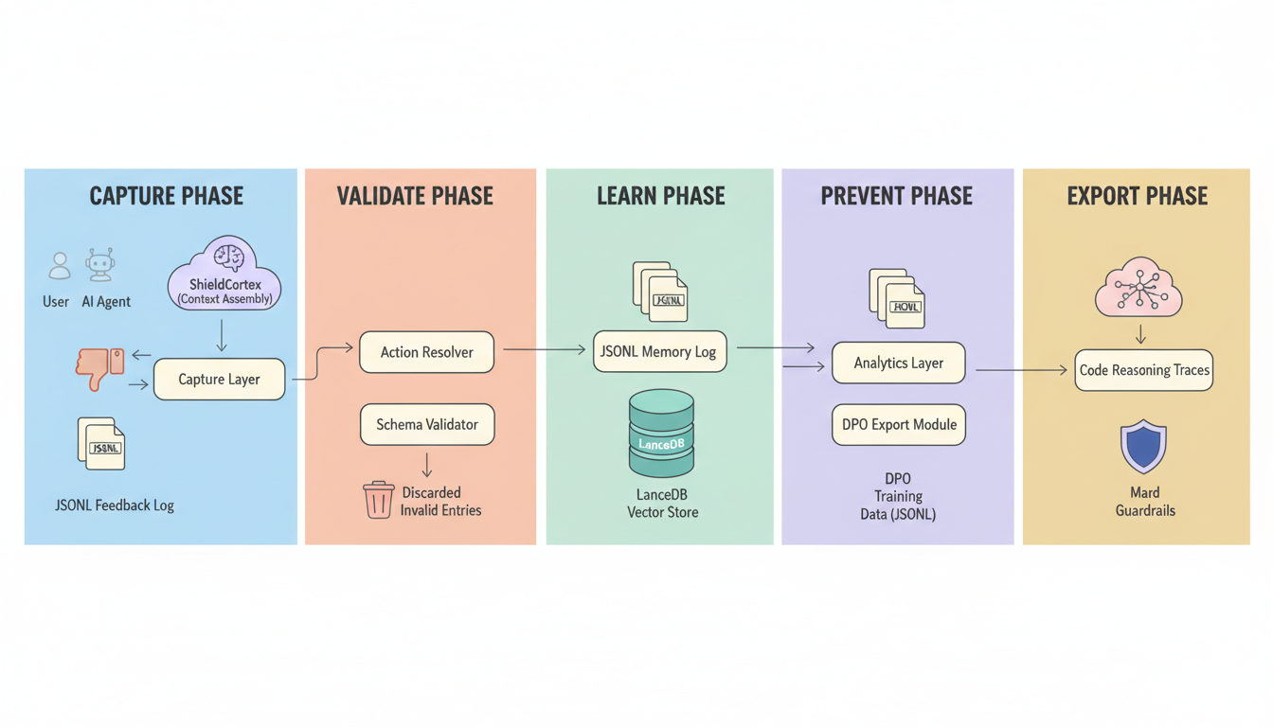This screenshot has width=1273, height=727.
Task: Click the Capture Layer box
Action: click(x=219, y=380)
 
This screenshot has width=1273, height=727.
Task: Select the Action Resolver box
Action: click(x=426, y=352)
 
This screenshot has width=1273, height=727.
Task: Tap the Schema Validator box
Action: click(x=426, y=425)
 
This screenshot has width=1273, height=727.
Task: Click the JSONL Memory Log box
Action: click(x=659, y=351)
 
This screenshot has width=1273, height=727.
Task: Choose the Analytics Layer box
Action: click(x=898, y=363)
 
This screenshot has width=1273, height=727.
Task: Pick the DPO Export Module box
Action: click(x=898, y=425)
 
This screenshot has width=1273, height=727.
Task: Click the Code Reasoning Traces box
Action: click(x=1143, y=370)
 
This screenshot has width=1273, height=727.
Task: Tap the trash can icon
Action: click(x=378, y=500)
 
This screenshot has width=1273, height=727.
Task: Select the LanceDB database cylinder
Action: click(x=661, y=434)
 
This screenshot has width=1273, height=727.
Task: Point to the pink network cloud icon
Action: click(x=1139, y=287)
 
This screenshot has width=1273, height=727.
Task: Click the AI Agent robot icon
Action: click(x=100, y=265)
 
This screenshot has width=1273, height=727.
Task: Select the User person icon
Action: click(x=60, y=266)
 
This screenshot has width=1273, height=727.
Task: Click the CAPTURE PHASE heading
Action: click(x=166, y=196)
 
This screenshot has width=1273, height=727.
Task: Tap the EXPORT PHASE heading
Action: click(x=1137, y=196)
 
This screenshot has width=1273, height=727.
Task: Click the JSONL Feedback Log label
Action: click(x=115, y=505)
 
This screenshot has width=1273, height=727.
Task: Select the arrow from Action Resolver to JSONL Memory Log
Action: click(x=544, y=350)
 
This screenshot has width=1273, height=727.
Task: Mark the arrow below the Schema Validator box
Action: click(x=427, y=464)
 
